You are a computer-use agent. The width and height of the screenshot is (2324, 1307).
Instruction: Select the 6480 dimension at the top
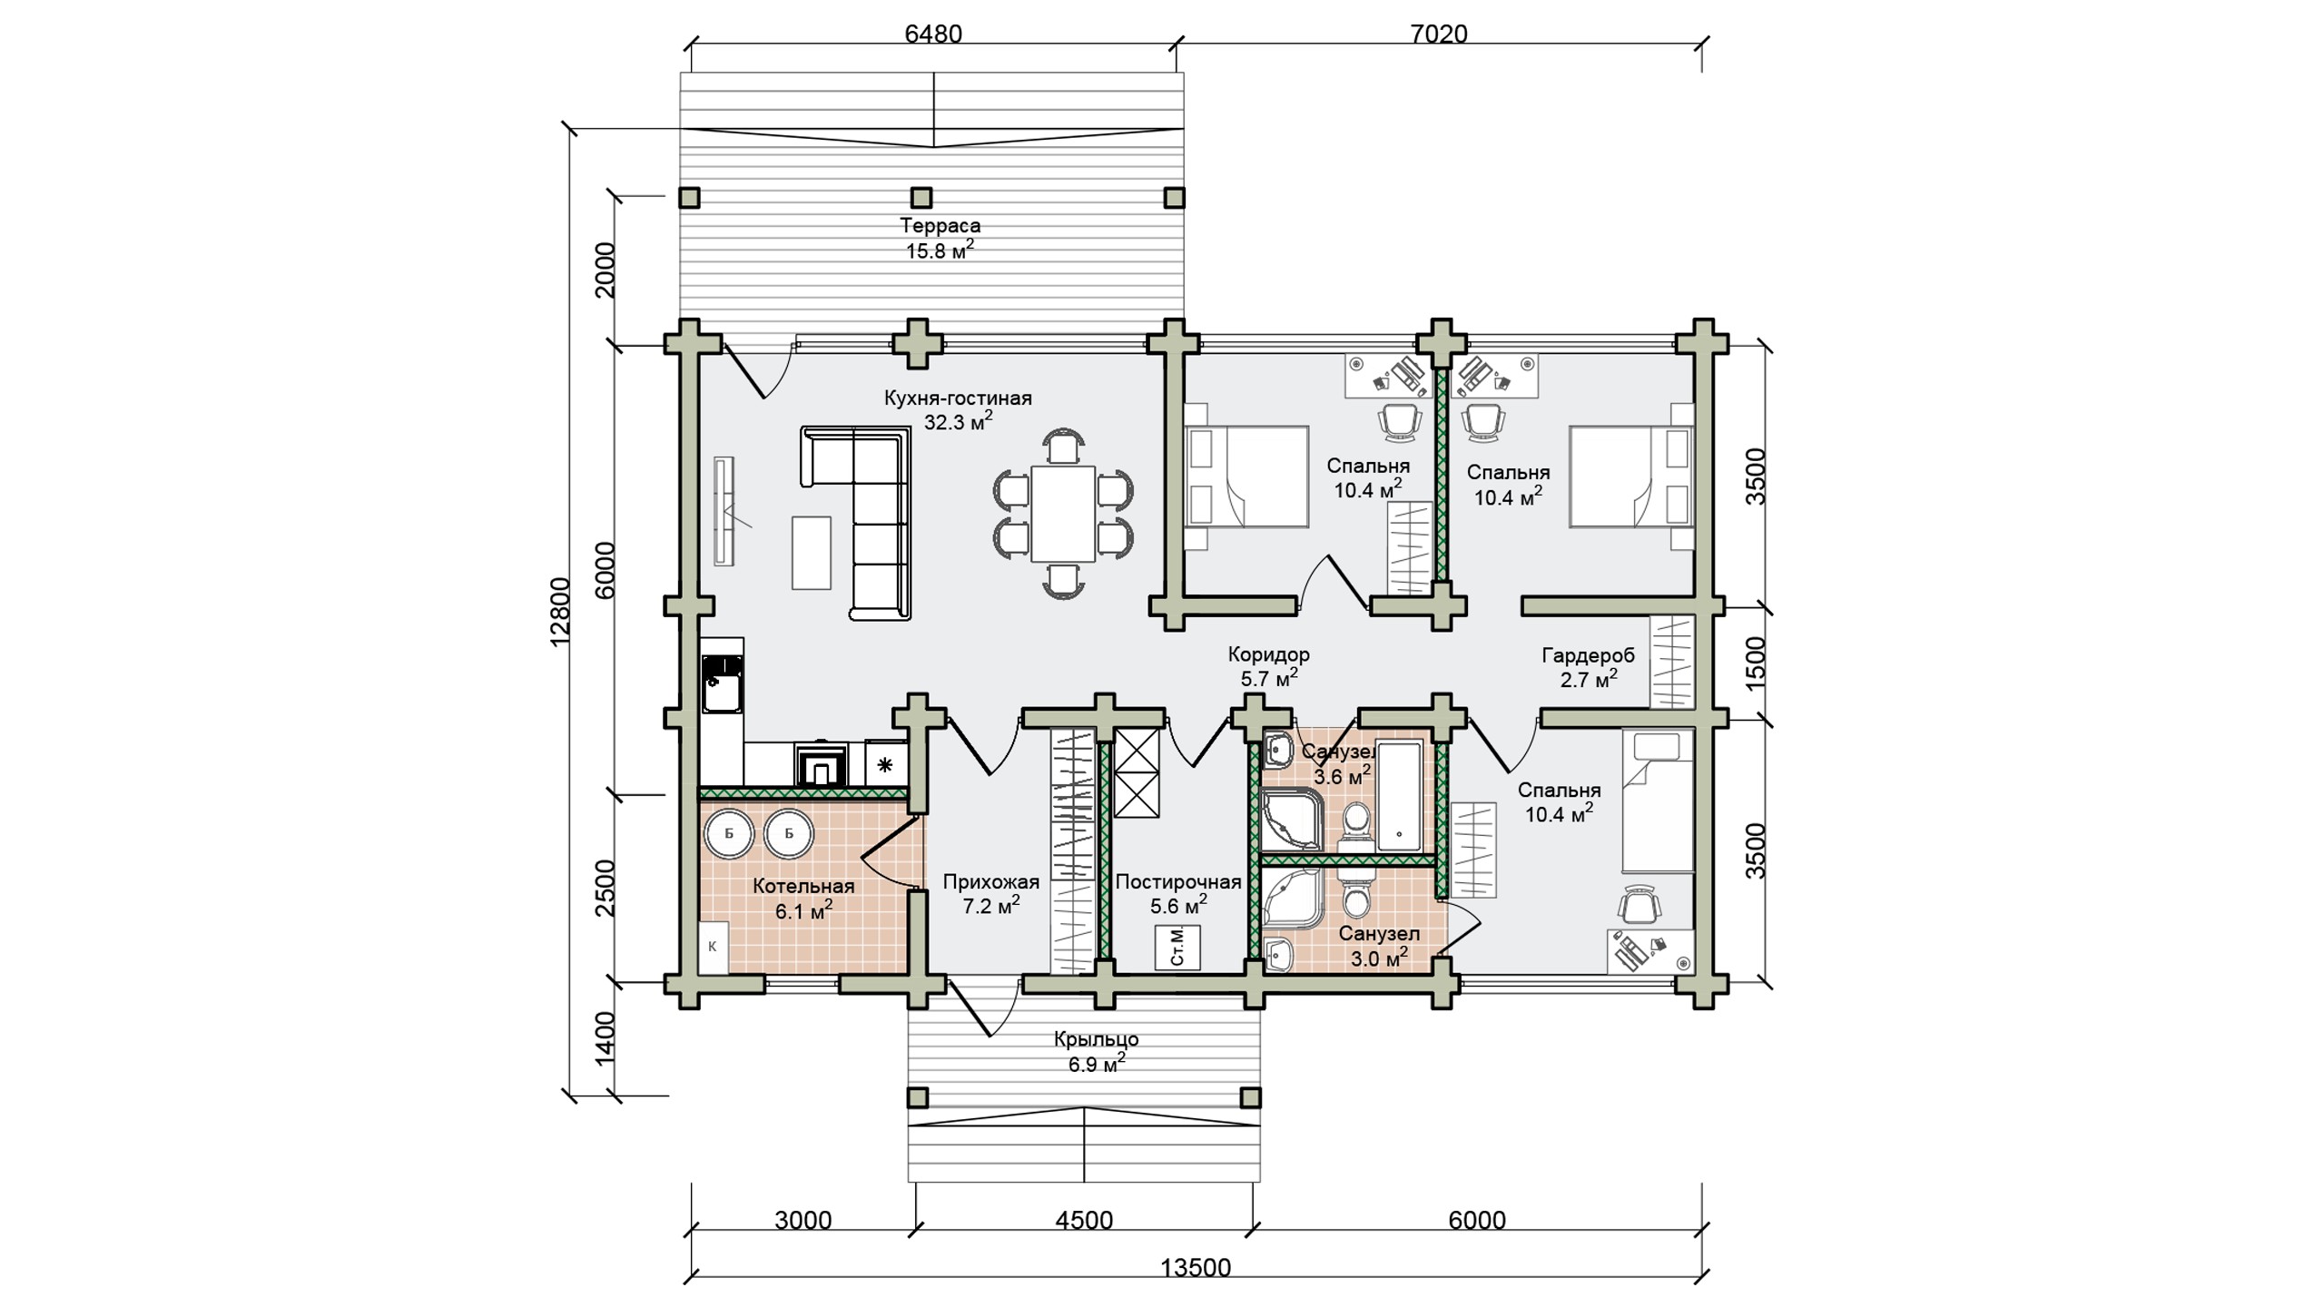point(933,34)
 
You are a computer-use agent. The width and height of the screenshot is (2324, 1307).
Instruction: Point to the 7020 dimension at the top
point(1439,34)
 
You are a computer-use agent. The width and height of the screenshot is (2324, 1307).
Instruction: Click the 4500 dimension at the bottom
point(1084,1220)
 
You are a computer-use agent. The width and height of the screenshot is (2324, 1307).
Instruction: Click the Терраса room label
point(940,225)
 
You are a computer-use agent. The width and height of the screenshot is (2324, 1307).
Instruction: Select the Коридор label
point(1268,653)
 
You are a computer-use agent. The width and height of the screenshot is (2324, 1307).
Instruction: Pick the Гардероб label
point(1588,654)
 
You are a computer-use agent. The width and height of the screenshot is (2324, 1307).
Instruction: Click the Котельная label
point(803,886)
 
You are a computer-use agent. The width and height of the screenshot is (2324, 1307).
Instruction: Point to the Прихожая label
point(990,881)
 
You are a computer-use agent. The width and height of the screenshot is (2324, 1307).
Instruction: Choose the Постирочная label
point(1178,881)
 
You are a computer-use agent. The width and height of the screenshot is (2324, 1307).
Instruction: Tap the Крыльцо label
point(1097,1039)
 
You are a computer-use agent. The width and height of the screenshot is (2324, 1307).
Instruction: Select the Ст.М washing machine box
point(1177,948)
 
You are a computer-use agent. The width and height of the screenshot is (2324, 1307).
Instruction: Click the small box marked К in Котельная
point(713,946)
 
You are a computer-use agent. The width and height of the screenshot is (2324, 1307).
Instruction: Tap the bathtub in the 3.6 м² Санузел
point(1399,797)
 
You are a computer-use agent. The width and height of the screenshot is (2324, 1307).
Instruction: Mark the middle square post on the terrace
point(921,197)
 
